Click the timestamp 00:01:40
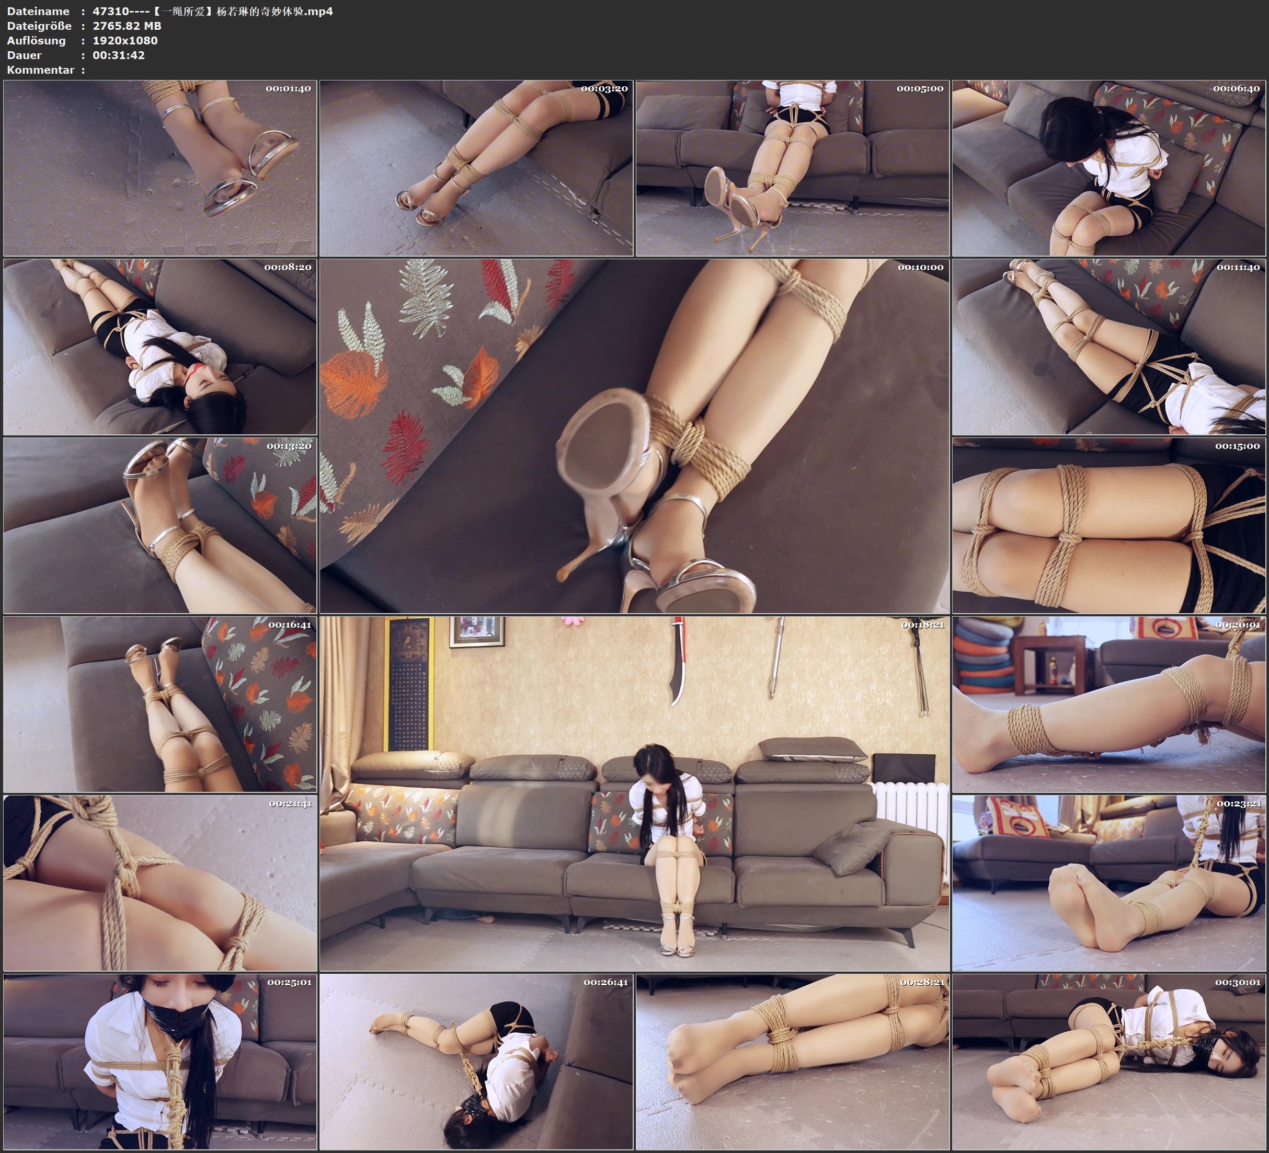[x=288, y=89]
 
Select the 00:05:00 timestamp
[x=920, y=89]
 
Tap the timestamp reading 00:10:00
[x=920, y=268]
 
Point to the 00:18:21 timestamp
[x=923, y=625]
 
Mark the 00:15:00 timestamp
[x=1238, y=446]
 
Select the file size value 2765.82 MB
[x=127, y=26]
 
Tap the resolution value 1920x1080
[x=124, y=40]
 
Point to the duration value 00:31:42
[x=118, y=55]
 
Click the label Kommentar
[x=40, y=70]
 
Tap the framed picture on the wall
[x=476, y=631]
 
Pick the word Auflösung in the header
[x=36, y=40]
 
